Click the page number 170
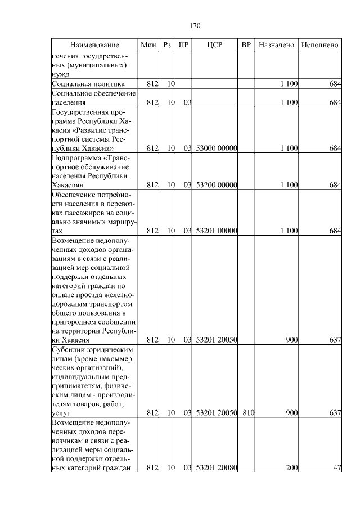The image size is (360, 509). [195, 25]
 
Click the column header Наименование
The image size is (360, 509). [94, 44]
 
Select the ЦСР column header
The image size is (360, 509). [215, 44]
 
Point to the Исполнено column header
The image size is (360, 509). [319, 44]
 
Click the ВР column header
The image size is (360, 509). [246, 44]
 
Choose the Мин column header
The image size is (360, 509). [148, 44]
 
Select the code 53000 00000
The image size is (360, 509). [217, 148]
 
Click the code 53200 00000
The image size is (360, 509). [217, 184]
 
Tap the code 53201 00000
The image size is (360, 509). [217, 231]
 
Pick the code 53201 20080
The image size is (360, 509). [217, 467]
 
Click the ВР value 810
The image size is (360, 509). [249, 413]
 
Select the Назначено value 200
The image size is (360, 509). [291, 467]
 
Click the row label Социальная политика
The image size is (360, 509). [84, 84]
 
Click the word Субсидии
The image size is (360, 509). [67, 349]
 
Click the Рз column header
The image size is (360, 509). [167, 44]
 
